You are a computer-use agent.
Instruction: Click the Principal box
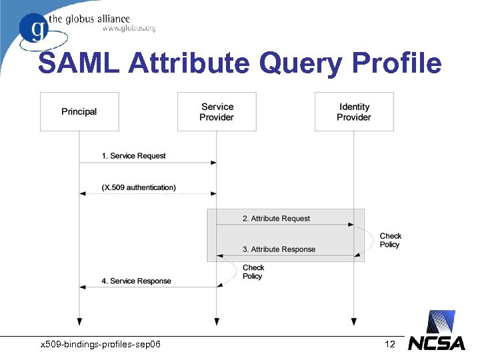pos(79,111)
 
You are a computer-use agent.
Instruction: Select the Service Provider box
pos(217,111)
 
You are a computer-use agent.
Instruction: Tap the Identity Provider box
pos(354,111)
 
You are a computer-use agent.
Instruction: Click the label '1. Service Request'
pos(133,155)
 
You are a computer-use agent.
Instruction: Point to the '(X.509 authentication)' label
pos(139,187)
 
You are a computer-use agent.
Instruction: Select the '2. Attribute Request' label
pos(276,218)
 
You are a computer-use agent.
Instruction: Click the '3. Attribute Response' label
pos(279,249)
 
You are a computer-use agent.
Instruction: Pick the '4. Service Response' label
pos(136,281)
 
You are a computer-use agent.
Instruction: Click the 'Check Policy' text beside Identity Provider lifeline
pos(391,240)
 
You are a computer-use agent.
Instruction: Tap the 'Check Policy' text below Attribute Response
pos(253,271)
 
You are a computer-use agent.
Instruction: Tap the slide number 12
pos(390,344)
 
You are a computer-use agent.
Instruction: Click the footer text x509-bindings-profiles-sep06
pos(100,344)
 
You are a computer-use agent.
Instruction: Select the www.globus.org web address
pos(129,29)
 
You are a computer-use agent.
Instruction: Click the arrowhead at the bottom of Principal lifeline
pos(79,321)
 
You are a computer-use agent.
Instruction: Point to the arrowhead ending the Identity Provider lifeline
pos(354,321)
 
